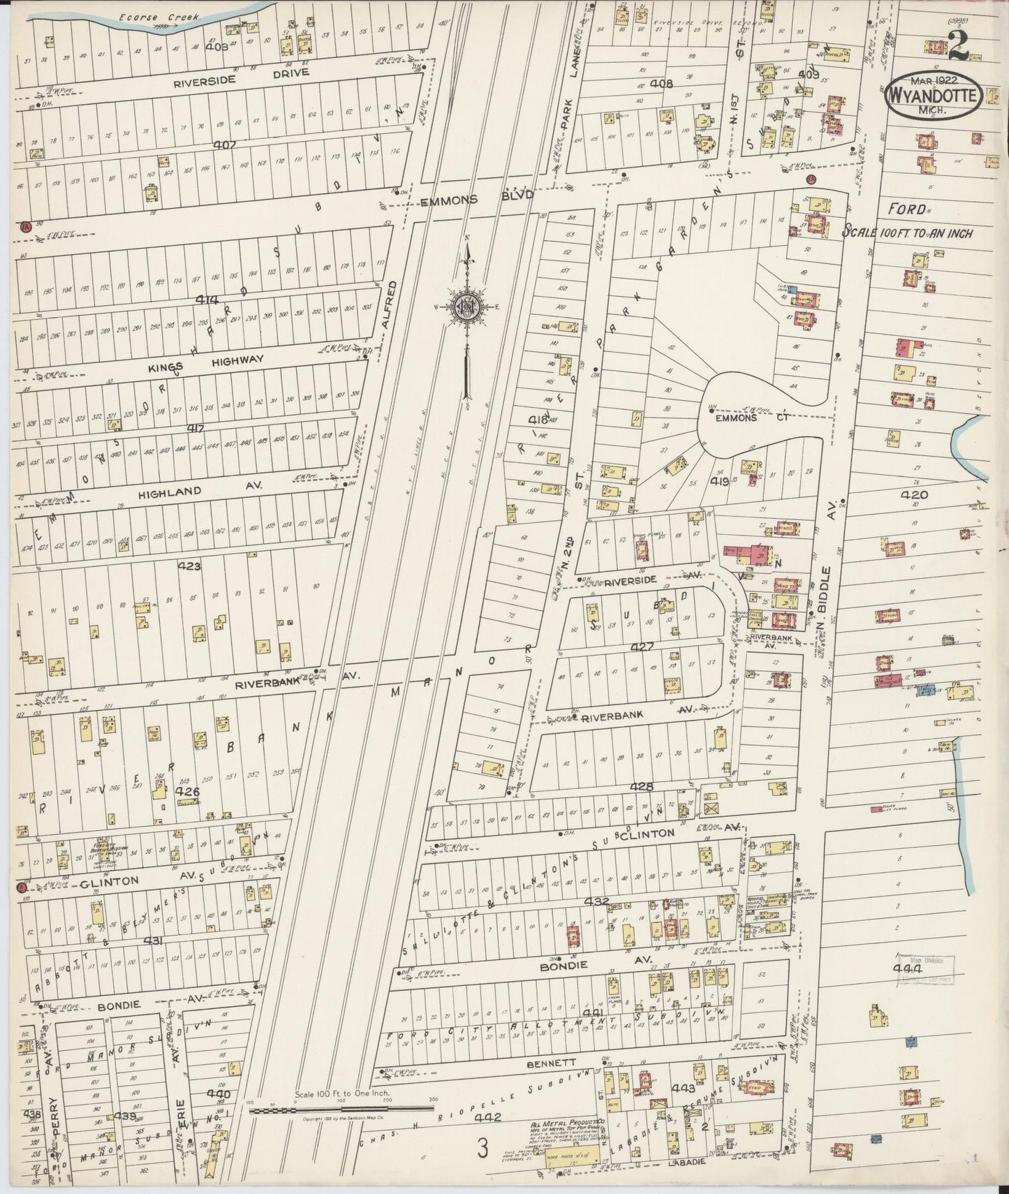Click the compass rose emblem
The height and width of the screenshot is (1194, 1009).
(466, 307)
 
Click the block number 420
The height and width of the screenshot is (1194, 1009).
(914, 496)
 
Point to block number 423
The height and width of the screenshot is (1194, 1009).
(189, 566)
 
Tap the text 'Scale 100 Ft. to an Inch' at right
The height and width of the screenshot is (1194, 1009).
(908, 233)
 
